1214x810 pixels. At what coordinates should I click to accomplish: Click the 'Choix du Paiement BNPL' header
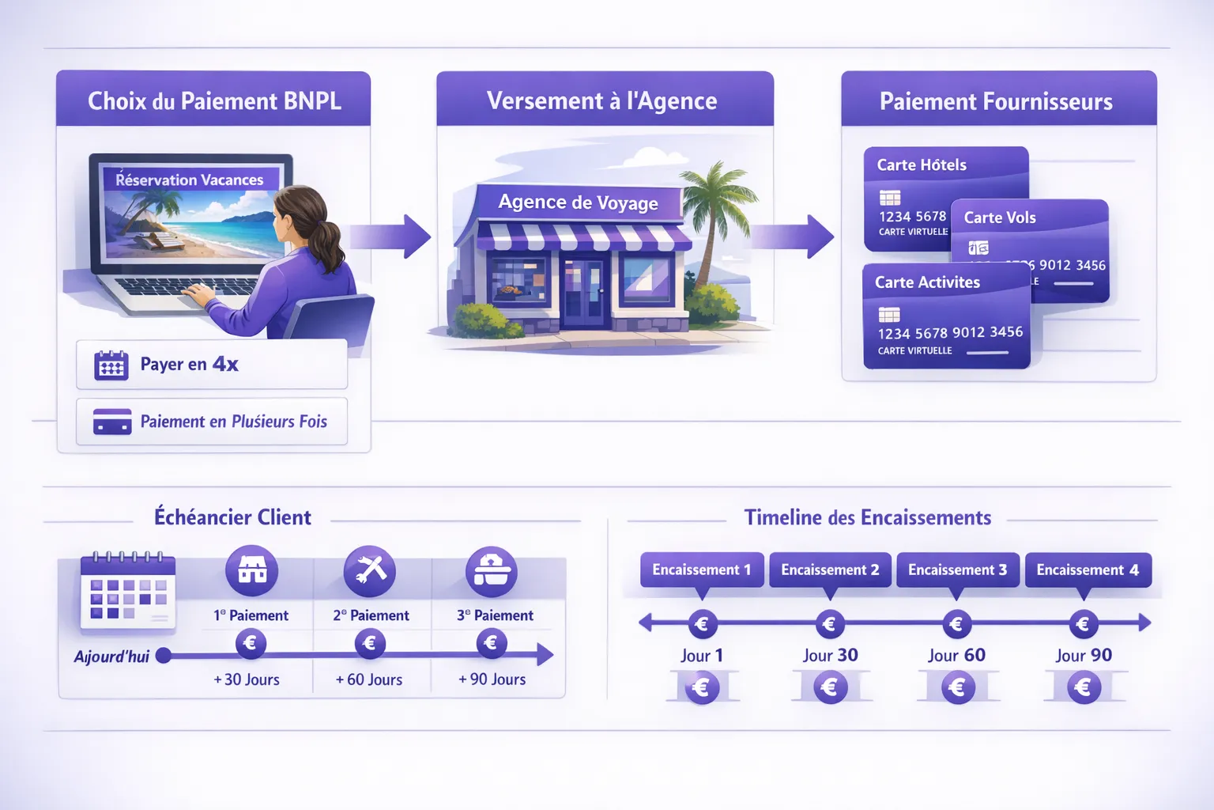(213, 100)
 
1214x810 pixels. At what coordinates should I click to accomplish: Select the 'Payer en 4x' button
(212, 365)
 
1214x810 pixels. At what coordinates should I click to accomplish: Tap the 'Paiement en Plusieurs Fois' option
(212, 422)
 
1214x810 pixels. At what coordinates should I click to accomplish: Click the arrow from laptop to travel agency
(390, 236)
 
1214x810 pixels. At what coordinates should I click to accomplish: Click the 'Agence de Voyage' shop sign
(578, 202)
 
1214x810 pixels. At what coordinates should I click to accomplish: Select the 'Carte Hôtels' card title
(922, 165)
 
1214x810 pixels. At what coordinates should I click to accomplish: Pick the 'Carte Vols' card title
(1000, 218)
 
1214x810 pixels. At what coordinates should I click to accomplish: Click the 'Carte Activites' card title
(927, 282)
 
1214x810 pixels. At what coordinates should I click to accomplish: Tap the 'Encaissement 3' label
(957, 570)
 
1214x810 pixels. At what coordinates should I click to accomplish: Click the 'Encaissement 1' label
(701, 570)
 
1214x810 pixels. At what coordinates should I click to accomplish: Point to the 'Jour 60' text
(956, 656)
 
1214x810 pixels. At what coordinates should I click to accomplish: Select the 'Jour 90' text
(1084, 656)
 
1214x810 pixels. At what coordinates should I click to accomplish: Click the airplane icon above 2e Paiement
(370, 570)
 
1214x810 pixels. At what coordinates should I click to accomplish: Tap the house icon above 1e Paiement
(252, 570)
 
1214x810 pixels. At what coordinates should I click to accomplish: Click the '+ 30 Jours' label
(247, 679)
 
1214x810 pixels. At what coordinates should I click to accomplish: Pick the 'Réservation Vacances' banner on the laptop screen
(190, 180)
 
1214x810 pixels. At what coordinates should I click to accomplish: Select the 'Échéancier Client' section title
(232, 517)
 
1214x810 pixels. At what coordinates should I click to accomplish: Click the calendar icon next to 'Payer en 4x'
(111, 365)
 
